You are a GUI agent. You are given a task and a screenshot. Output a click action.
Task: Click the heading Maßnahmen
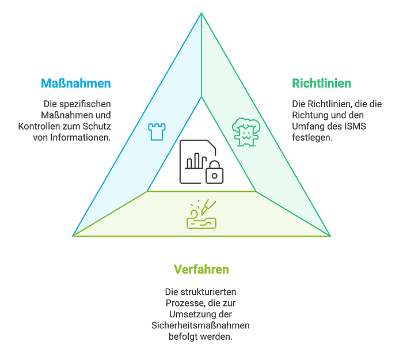[x=75, y=84]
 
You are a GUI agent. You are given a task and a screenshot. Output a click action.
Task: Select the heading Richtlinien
[x=321, y=84]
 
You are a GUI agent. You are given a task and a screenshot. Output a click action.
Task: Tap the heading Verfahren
[x=201, y=270]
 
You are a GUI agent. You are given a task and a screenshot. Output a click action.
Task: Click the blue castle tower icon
[x=156, y=131]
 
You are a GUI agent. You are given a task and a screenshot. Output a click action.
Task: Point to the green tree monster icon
[x=246, y=131]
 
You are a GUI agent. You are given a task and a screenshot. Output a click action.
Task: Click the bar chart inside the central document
[x=196, y=160]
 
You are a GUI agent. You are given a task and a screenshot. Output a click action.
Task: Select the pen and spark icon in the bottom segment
[x=201, y=214]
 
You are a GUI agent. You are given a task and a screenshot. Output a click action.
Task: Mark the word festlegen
[x=311, y=137]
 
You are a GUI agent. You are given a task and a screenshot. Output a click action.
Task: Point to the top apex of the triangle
[x=201, y=13]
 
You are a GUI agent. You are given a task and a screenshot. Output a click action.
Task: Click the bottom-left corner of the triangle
[x=73, y=236]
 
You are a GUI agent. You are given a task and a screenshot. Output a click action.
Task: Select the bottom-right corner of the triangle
[x=330, y=236]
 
